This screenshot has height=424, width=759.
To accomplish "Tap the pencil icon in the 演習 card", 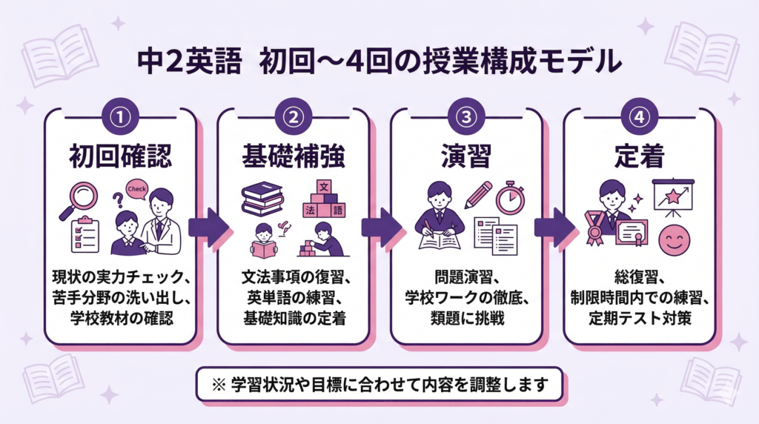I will click(479, 194).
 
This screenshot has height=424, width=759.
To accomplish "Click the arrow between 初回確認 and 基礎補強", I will click(208, 226).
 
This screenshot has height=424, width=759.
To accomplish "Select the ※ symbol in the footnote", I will click(219, 385).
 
